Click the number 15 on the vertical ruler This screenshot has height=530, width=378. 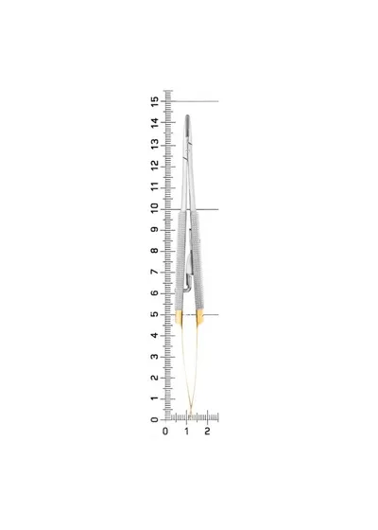point(155,101)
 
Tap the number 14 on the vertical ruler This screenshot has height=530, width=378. point(155,123)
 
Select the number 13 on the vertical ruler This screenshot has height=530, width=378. point(155,144)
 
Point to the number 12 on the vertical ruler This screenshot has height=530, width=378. point(155,166)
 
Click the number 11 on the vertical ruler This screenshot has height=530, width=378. point(155,186)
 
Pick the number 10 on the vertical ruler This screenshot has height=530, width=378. point(155,208)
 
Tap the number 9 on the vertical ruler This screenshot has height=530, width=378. point(155,229)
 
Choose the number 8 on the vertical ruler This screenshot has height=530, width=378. point(155,251)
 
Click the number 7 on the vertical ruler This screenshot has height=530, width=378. point(155,272)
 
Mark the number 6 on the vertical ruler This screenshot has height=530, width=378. point(155,293)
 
